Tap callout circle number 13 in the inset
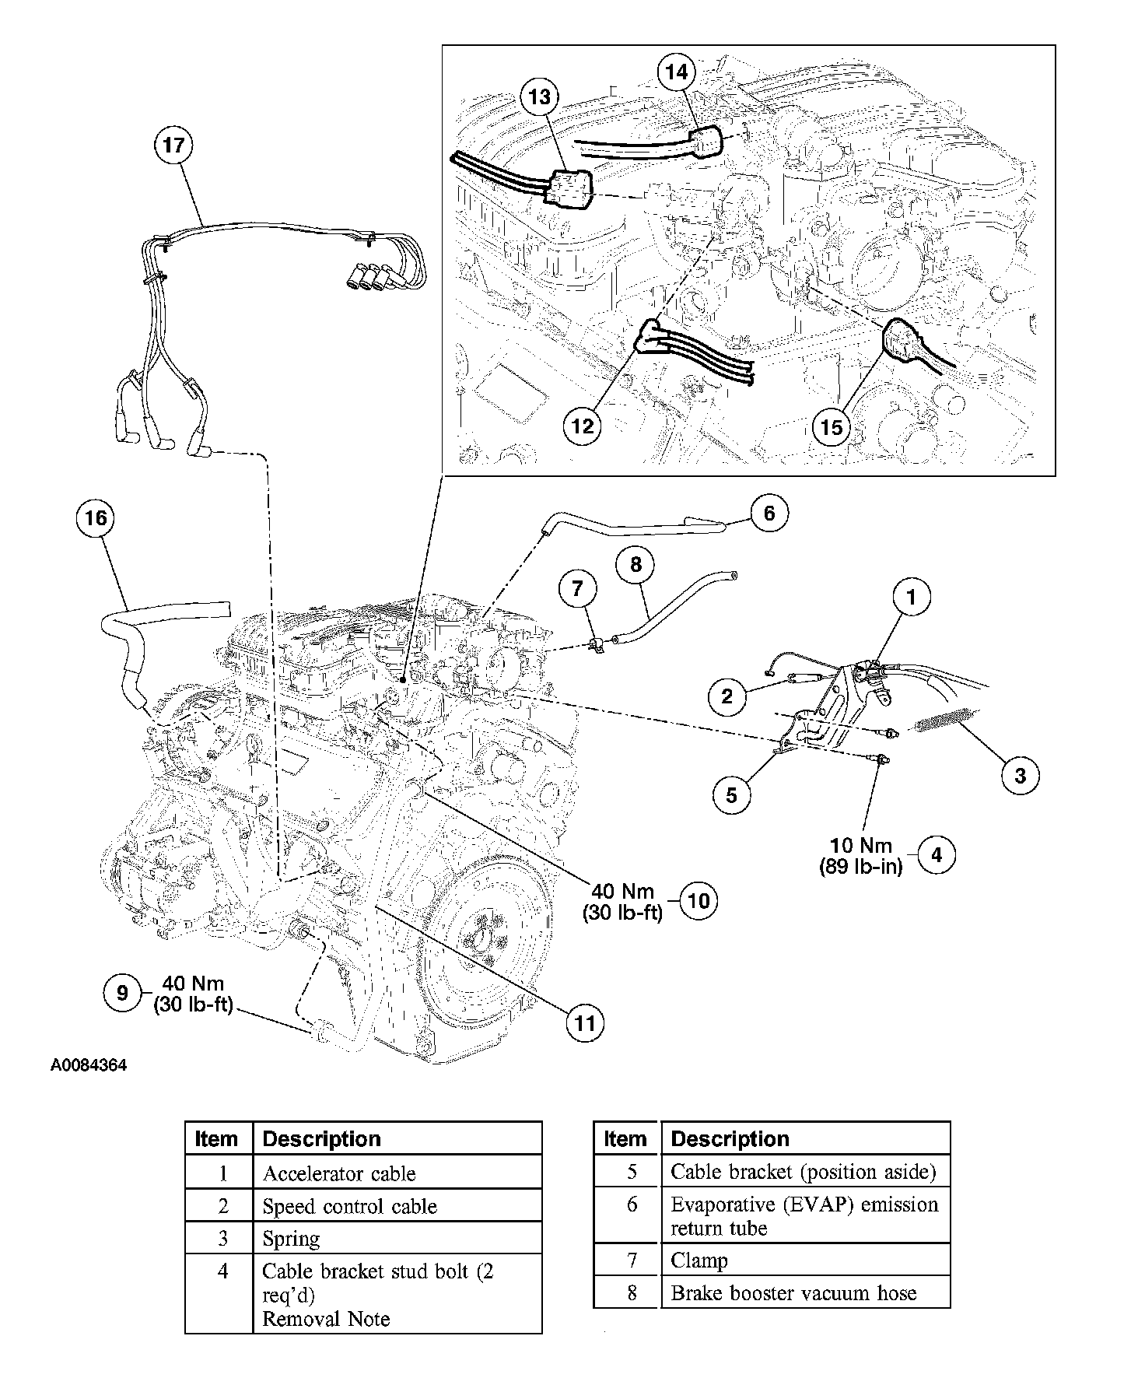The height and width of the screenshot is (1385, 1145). point(541,97)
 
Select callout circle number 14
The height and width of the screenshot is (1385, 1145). point(678,72)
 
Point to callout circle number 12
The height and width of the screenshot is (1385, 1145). point(583,426)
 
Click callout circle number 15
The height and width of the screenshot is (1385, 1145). point(832,427)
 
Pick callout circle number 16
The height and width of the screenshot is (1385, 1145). point(96,518)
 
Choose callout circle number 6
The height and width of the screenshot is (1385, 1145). point(769,514)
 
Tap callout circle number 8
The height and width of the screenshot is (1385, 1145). point(636,565)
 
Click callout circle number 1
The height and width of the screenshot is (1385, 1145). point(912,598)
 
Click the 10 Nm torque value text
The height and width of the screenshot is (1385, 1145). point(860,845)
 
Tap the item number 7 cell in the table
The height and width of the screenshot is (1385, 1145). point(627,1260)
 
